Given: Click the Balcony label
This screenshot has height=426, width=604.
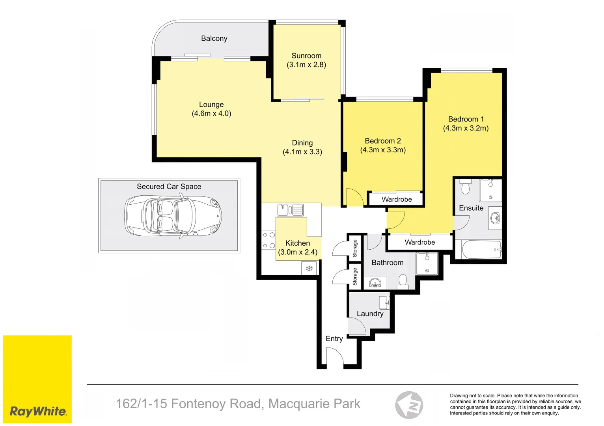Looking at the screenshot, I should point(214,38).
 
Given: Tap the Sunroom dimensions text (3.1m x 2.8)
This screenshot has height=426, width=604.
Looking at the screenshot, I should point(306,65).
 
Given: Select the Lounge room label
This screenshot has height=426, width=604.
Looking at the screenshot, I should point(211,105).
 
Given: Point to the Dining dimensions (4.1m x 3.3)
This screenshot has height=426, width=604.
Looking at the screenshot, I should point(302,152).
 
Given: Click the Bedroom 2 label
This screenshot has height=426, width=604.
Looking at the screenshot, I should point(383,141).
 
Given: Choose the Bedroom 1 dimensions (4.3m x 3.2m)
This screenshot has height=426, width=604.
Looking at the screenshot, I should point(466,128).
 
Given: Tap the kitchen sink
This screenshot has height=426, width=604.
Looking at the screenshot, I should point(290,210).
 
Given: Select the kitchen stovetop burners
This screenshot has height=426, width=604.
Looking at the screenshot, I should point(269,240).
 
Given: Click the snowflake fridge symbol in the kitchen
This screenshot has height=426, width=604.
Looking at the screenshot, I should point(309,269).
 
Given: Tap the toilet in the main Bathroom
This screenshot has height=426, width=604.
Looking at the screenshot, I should point(403,281).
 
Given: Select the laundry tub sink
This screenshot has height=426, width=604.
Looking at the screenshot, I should point(384,303).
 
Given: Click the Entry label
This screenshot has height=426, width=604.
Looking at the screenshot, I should point(334,338).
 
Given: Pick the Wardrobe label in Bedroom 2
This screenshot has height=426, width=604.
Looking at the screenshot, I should point(397,199).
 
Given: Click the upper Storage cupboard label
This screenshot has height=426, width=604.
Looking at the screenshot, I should point(355,248).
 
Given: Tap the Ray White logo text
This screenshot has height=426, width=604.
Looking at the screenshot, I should point(38,411).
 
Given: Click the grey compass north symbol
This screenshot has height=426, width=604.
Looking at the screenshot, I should point(409,405).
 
